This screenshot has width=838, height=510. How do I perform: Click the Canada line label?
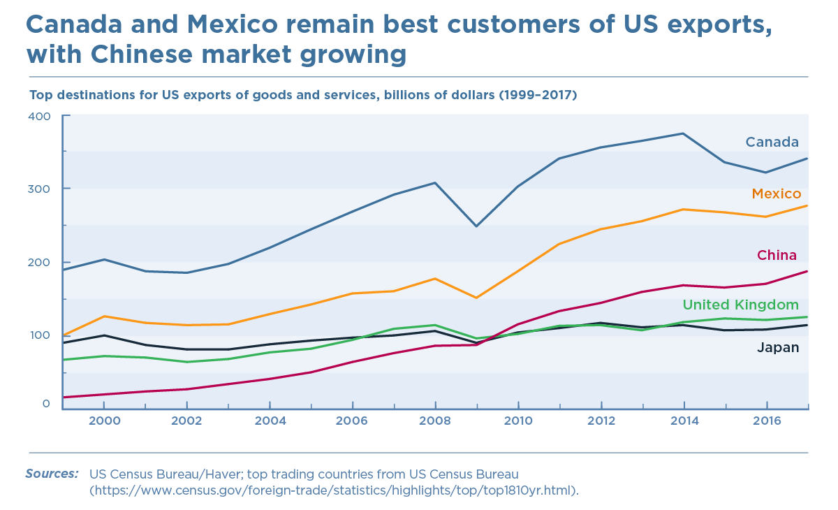coord(772,143)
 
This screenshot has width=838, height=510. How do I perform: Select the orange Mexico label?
coord(776,194)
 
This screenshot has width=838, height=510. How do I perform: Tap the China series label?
coord(777,255)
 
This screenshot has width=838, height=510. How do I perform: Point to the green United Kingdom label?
coord(740,305)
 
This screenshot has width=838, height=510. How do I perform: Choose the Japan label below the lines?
coord(778,347)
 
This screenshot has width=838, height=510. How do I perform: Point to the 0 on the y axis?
coord(46,404)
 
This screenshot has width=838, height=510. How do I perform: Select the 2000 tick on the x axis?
coord(104,421)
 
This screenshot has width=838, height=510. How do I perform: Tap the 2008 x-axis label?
coord(436,421)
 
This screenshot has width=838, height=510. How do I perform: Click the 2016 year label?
coord(767,421)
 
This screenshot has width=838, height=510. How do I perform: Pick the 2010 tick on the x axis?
coord(518,421)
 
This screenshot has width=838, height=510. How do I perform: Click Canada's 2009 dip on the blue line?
coord(477,226)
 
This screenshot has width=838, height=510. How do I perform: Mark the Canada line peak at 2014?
coord(684,133)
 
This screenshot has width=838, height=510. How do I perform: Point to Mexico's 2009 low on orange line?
coord(477,298)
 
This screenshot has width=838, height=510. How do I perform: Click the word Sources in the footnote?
coord(52,474)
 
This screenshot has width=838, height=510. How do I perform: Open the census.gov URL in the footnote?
coord(335,490)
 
